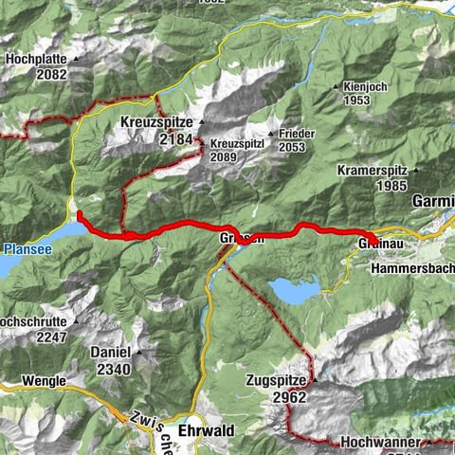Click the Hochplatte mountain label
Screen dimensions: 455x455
[35, 59]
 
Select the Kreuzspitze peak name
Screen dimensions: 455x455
[156, 123]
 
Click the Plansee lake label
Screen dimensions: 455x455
[22, 249]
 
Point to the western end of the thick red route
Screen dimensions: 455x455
[79, 214]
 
